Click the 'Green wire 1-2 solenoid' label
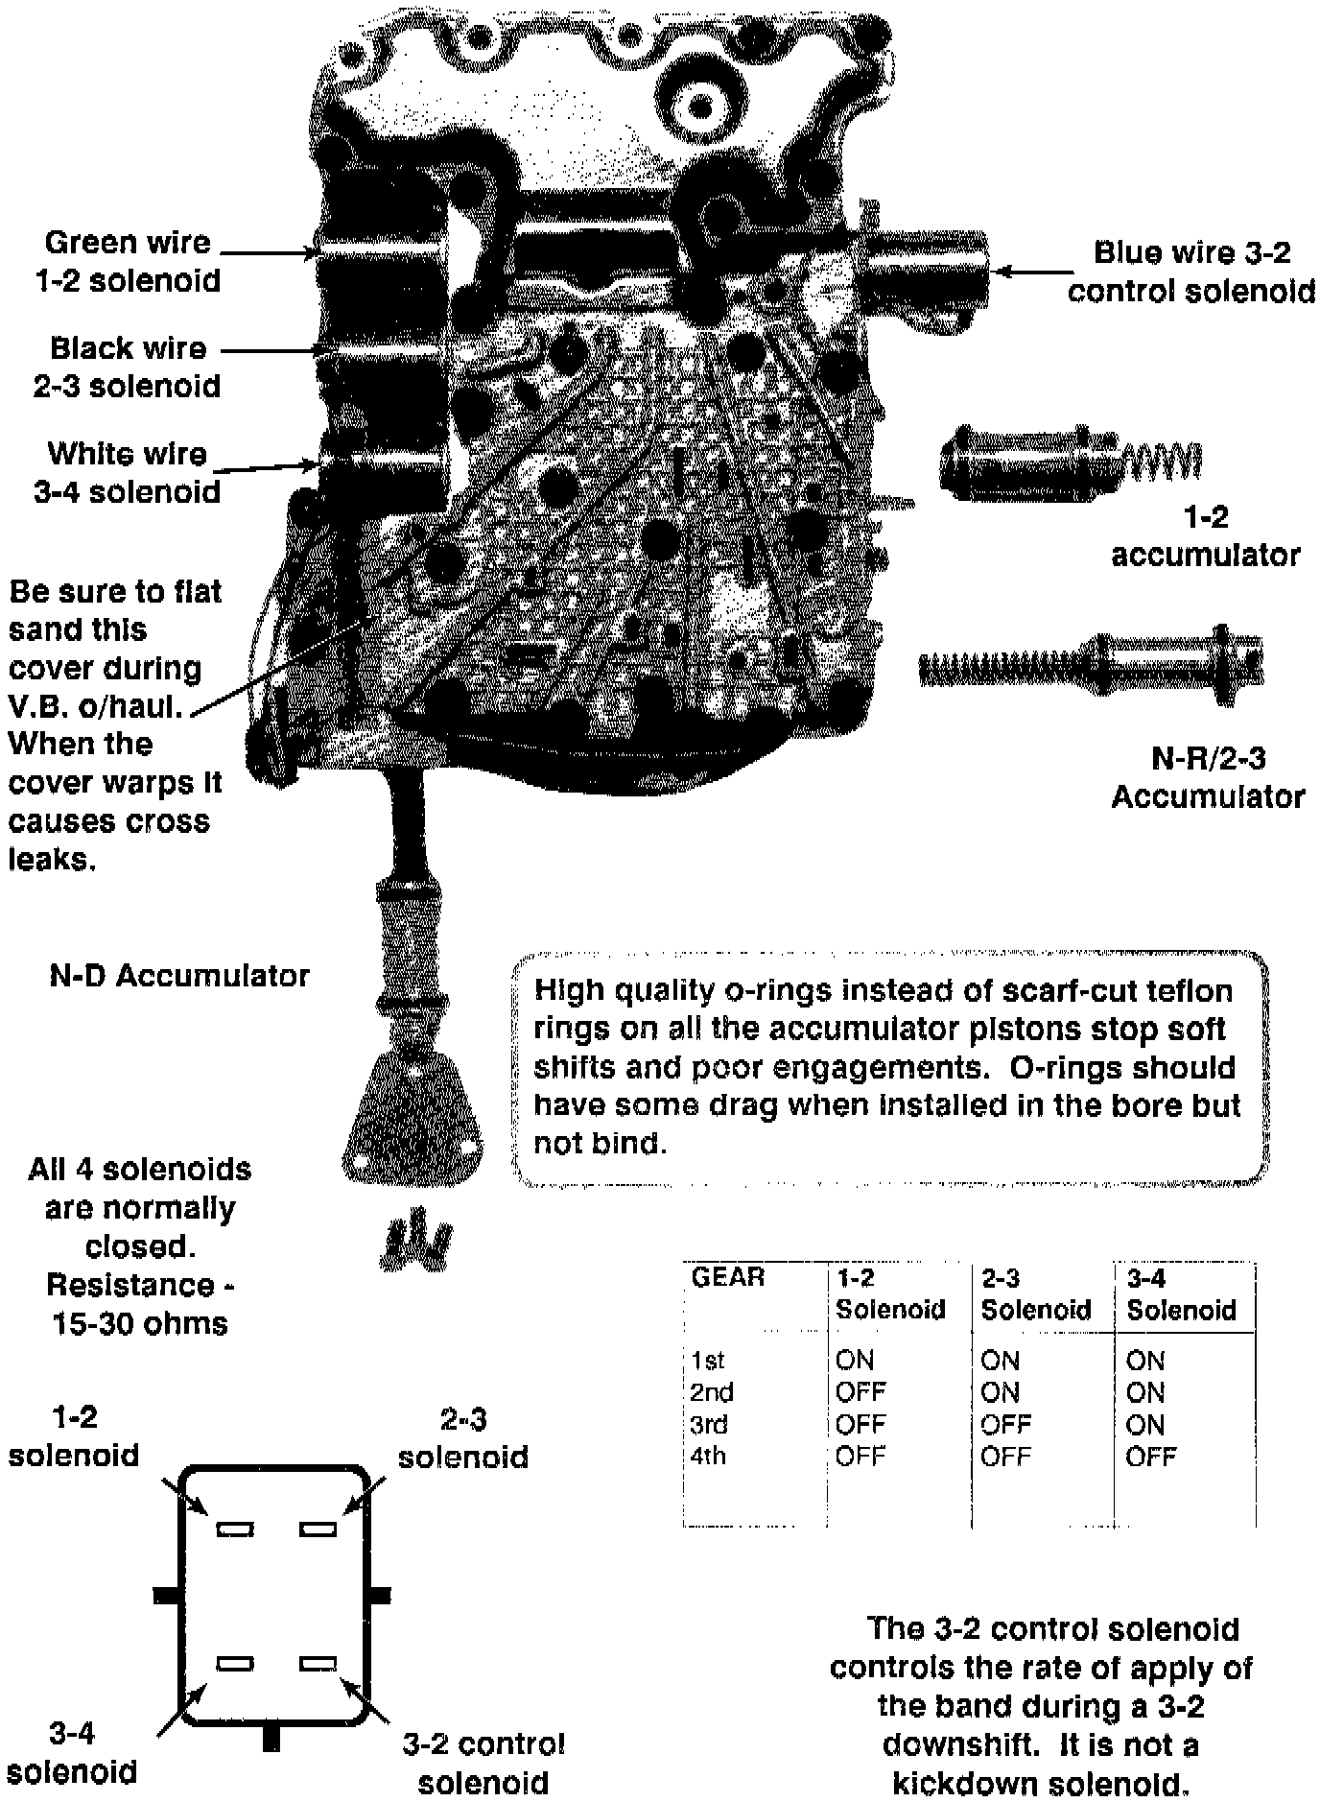[x=128, y=261]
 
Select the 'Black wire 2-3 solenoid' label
[x=128, y=367]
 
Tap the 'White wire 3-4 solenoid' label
[x=128, y=472]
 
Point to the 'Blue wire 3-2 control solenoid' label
[x=1191, y=272]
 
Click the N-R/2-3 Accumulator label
[x=1208, y=777]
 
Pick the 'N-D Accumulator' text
[x=179, y=976]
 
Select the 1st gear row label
[x=707, y=1361]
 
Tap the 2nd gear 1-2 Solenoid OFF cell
[x=860, y=1392]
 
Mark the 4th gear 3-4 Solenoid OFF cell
[x=1151, y=1457]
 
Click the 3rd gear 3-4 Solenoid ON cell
[x=1145, y=1425]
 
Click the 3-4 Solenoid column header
[x=1181, y=1293]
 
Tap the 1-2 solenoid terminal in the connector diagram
[x=235, y=1529]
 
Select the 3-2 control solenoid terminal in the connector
[x=318, y=1664]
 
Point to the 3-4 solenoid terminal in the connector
[x=235, y=1664]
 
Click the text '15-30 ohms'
[x=140, y=1324]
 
